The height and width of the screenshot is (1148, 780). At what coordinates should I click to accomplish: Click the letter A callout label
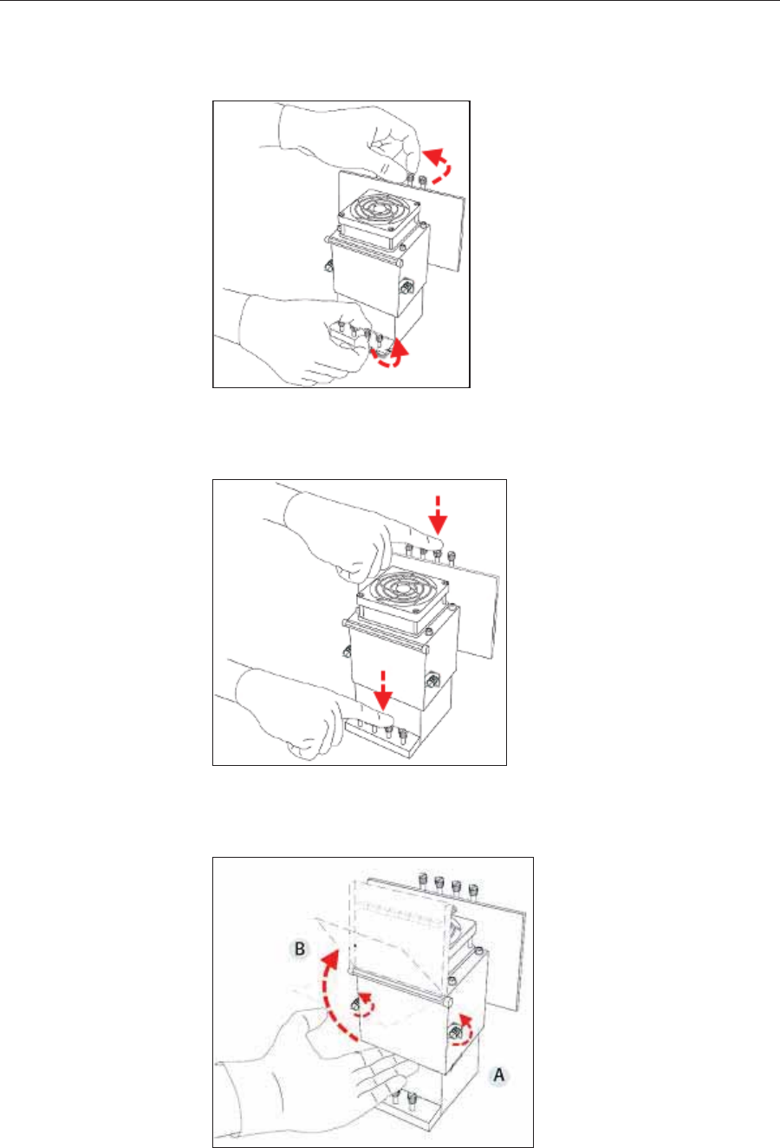[x=498, y=1074]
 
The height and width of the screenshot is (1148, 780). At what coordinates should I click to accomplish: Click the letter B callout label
[x=300, y=949]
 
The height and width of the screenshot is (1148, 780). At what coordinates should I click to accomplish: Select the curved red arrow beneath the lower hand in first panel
[x=391, y=356]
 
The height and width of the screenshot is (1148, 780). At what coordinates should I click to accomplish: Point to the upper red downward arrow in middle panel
[x=438, y=515]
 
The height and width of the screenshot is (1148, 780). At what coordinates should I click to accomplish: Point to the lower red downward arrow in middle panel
[x=383, y=691]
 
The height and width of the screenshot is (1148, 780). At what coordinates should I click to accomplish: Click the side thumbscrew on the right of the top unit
[x=406, y=287]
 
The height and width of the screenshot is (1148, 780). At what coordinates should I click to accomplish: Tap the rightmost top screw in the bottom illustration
[x=473, y=892]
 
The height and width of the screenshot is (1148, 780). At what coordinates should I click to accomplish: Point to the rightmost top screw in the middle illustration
[x=452, y=558]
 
